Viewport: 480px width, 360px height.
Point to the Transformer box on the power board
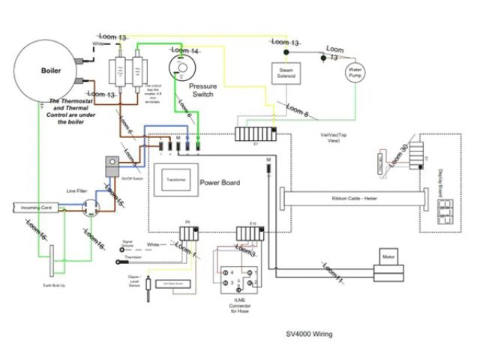pyautogui.click(x=177, y=180)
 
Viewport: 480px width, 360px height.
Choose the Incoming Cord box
pyautogui.click(x=35, y=207)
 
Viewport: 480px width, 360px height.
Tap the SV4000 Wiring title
pyautogui.click(x=310, y=334)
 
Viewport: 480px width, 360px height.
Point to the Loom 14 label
pyautogui.click(x=184, y=51)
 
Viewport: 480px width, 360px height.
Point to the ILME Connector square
pyautogui.click(x=237, y=282)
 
